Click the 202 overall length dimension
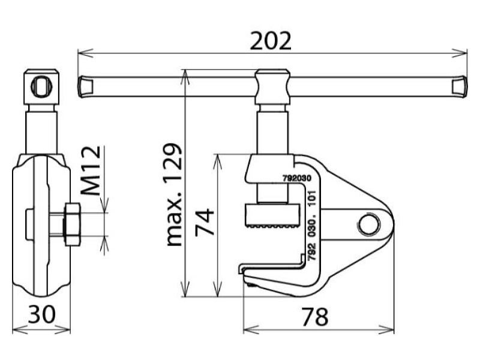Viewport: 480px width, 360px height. (271, 41)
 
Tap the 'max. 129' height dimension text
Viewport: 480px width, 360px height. (174, 194)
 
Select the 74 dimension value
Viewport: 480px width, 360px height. (205, 222)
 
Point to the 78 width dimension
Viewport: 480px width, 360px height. (314, 317)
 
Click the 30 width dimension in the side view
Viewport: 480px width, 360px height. (42, 314)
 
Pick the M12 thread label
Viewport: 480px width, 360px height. (91, 171)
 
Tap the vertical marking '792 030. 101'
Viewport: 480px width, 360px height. (311, 226)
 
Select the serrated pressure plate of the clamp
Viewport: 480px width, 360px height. (272, 216)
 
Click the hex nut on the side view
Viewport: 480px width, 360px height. (72, 224)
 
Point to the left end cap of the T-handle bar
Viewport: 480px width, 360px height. (85, 86)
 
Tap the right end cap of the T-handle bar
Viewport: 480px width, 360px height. (460, 86)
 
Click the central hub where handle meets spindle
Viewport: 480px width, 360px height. (272, 87)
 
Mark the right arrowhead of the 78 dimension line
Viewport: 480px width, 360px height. (386, 330)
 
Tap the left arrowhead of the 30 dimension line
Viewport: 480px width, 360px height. (20, 330)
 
